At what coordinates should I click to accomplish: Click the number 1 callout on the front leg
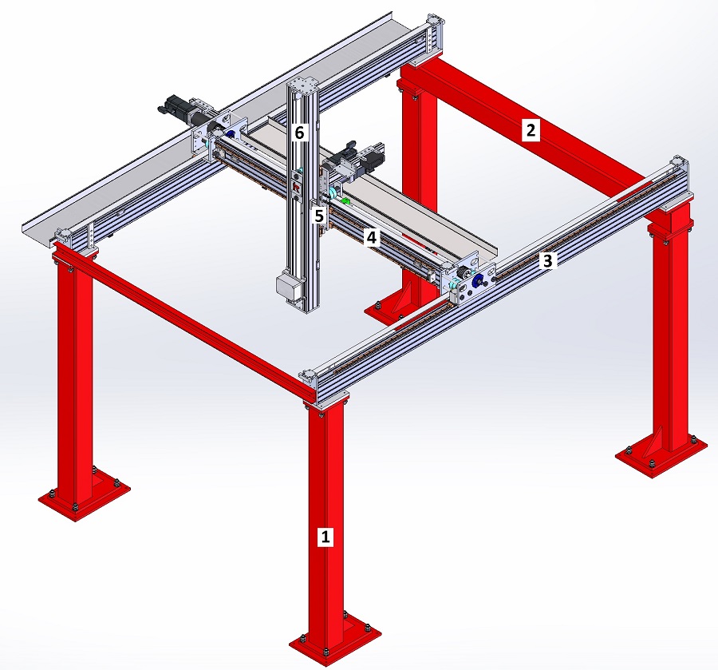(x=325, y=536)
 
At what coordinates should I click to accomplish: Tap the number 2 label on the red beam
(x=531, y=130)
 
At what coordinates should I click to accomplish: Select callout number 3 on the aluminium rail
(x=547, y=260)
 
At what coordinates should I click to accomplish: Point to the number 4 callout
(x=372, y=237)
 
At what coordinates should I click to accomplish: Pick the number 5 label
(x=319, y=216)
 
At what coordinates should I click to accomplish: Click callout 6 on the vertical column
(x=299, y=133)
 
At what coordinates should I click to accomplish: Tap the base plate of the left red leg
(x=84, y=497)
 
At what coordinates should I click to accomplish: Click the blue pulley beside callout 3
(x=478, y=283)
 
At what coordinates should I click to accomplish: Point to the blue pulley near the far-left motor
(x=231, y=135)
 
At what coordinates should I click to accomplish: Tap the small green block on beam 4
(x=346, y=200)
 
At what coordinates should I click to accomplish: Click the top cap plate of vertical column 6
(x=302, y=85)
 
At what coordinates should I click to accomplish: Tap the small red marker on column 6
(x=296, y=187)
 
